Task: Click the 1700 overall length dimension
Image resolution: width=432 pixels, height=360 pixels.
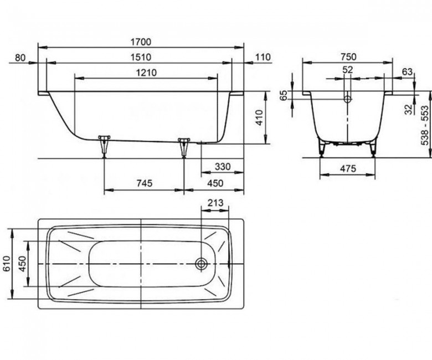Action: pyautogui.click(x=141, y=42)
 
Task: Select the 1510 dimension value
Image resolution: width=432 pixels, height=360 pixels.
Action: pyautogui.click(x=141, y=57)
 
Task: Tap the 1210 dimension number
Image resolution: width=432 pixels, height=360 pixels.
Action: pyautogui.click(x=146, y=73)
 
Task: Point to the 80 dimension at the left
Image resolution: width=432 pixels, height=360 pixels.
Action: pyautogui.click(x=20, y=58)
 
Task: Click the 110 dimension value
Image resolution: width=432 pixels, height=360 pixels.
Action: pyautogui.click(x=263, y=57)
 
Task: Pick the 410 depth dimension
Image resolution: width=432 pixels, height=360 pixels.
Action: pyautogui.click(x=260, y=117)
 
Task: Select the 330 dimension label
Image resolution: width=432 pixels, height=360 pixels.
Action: pyautogui.click(x=223, y=167)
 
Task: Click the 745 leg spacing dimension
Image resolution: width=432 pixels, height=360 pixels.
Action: pyautogui.click(x=145, y=183)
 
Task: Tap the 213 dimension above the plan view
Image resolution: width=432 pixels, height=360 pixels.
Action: pyautogui.click(x=215, y=203)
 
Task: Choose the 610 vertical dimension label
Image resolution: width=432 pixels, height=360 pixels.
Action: pyautogui.click(x=6, y=264)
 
